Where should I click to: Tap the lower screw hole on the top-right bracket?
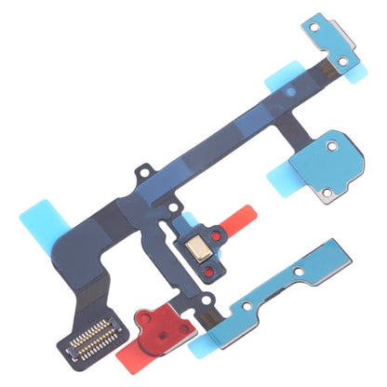click(345, 61)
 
